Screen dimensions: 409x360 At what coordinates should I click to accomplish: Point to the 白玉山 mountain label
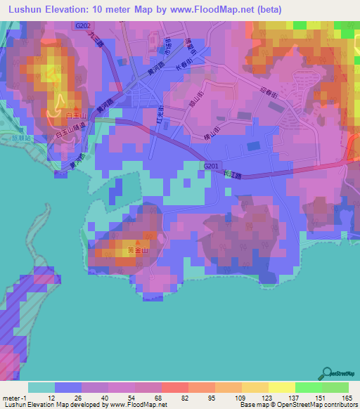pyautogui.click(x=75, y=114)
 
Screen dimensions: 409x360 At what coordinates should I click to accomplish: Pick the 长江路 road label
pyautogui.click(x=235, y=176)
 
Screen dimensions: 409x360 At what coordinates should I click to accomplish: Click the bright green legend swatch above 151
pyautogui.click(x=308, y=387)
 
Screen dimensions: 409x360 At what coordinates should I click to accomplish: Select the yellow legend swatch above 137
pyautogui.click(x=282, y=387)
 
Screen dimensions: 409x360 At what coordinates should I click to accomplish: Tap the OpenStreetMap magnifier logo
pyautogui.click(x=326, y=373)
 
